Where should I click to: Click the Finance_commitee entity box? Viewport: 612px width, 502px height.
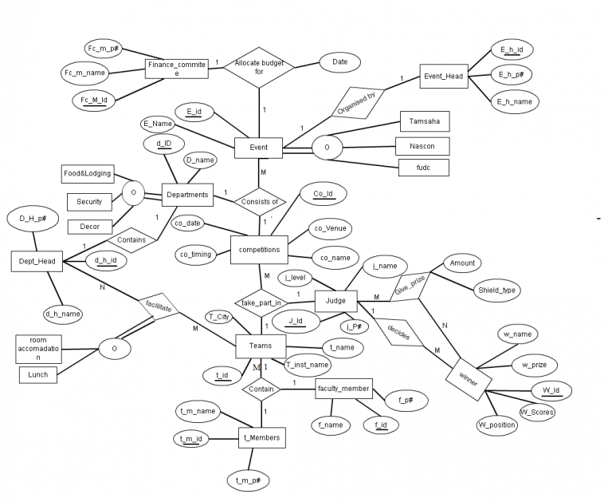point(177,69)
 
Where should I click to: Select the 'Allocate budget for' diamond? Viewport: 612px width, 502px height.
point(259,68)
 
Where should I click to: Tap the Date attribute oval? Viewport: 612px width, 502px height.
point(339,62)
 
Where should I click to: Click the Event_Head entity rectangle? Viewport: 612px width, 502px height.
point(444,77)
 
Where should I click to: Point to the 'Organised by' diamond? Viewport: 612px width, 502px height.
point(358,103)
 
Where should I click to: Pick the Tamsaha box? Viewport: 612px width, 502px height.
point(425,121)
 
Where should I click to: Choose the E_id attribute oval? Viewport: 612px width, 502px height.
point(194,113)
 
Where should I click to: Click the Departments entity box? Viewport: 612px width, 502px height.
point(187,195)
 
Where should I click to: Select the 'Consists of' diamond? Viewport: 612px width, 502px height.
point(260,202)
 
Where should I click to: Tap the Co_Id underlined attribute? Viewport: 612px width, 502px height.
point(324,193)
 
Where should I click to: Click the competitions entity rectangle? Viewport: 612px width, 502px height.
point(259,250)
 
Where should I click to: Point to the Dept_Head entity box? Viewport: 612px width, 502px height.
point(37,261)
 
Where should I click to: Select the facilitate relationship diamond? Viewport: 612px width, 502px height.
point(159,306)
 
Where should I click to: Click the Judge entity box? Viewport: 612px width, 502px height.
point(335,301)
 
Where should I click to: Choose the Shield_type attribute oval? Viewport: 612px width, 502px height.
point(497,291)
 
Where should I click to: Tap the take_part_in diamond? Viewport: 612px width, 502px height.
point(261,303)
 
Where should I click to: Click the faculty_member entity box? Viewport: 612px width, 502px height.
point(343,389)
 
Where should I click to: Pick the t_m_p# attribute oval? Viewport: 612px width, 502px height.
point(249,480)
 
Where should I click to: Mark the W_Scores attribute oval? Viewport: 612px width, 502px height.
point(537,412)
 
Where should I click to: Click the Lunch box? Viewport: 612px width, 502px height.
point(38,374)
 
